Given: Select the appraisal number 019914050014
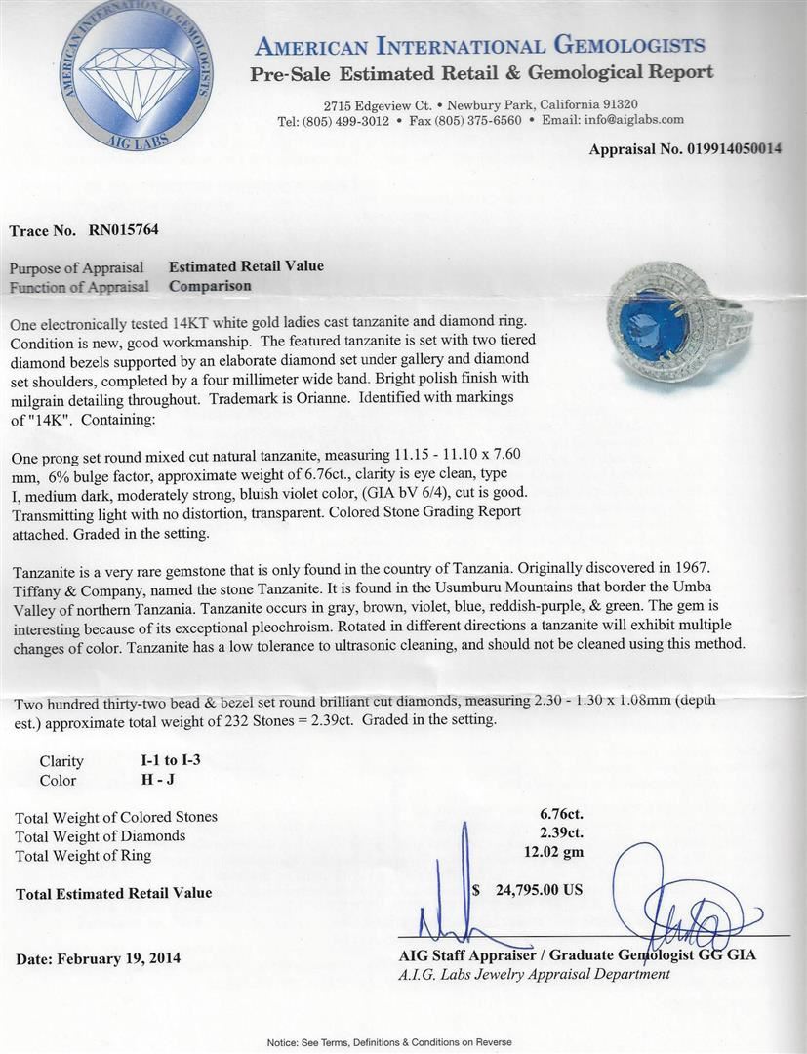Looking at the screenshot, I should (721, 149).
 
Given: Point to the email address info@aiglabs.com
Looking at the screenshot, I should (627, 120).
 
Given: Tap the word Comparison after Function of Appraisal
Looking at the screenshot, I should (210, 286).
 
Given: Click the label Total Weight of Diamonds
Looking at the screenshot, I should (101, 835).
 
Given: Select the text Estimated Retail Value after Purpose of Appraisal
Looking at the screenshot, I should (246, 265).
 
